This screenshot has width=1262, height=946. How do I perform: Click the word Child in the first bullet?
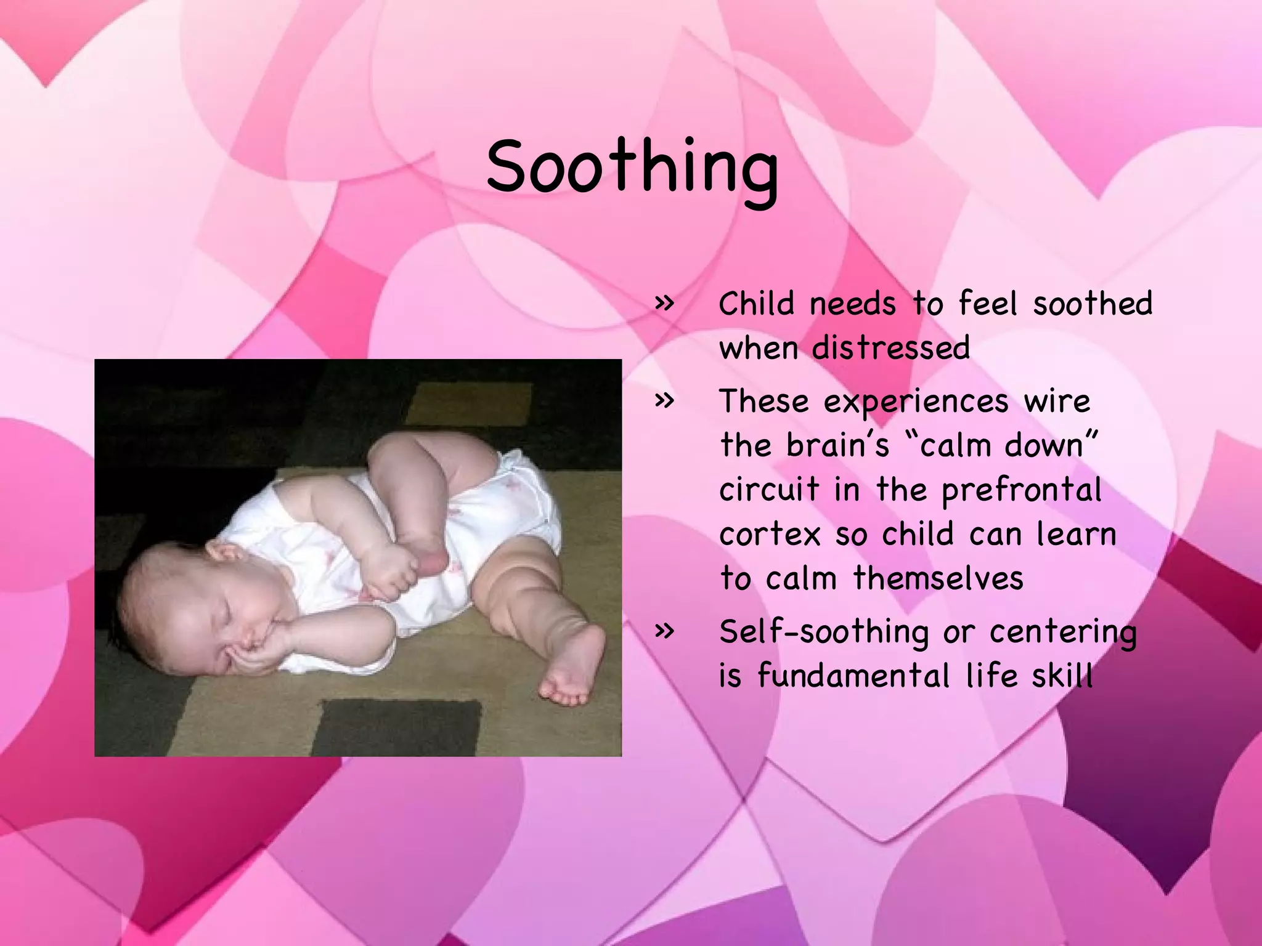[756, 304]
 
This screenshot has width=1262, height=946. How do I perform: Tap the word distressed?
[891, 349]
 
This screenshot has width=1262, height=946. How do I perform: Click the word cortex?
[770, 535]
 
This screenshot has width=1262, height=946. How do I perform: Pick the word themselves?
[938, 579]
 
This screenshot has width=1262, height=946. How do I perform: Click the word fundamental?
[853, 676]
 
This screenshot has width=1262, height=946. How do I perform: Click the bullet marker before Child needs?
[664, 303]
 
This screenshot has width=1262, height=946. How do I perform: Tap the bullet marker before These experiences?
[664, 401]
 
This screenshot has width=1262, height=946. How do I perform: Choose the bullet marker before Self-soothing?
[664, 631]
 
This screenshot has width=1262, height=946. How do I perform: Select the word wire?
[1057, 402]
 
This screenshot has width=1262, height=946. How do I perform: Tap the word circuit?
[770, 490]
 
